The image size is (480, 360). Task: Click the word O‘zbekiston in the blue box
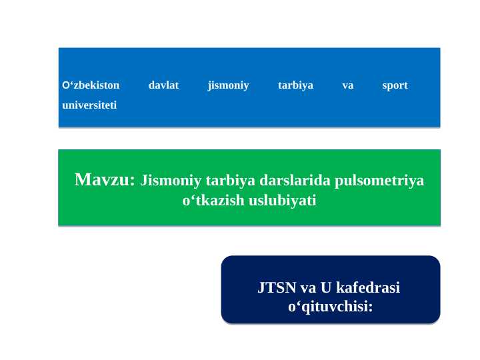[91, 85]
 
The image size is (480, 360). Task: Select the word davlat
[163, 85]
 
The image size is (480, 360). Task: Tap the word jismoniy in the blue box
[228, 85]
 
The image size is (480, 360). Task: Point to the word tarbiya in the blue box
[295, 85]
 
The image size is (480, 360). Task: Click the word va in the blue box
[347, 85]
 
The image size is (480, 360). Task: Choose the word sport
[395, 85]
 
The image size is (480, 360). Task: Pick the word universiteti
[89, 105]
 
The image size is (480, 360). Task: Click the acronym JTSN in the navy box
[277, 288]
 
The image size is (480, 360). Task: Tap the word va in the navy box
[307, 288]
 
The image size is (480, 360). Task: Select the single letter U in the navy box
[326, 288]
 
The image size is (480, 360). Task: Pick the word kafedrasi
[369, 288]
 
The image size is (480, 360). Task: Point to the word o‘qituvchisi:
[330, 307]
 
